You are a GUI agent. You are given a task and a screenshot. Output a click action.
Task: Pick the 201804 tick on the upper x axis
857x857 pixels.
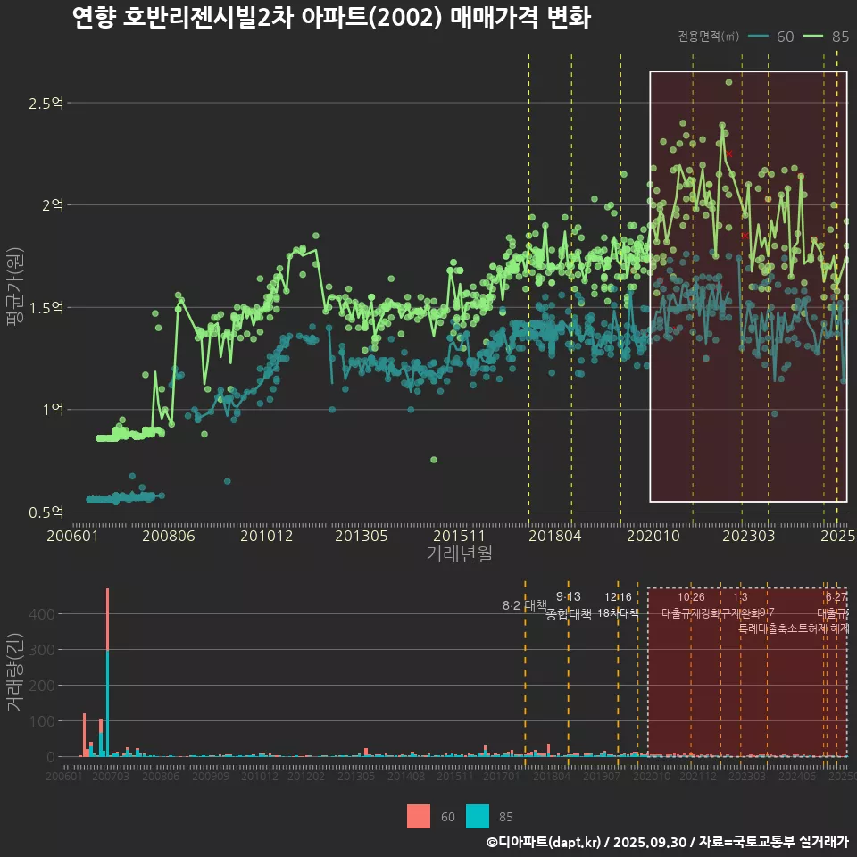555,537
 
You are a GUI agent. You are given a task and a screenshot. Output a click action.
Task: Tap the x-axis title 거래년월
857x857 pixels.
459,554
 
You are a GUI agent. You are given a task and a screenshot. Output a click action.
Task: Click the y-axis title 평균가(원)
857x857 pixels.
15,308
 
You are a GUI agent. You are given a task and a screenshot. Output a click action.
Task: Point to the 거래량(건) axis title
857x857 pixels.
15,671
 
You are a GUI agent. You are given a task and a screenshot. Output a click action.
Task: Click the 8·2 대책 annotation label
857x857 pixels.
525,605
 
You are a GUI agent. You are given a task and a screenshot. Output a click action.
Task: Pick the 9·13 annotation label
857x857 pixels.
568,596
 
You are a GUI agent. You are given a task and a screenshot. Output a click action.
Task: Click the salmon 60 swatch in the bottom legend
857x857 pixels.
418,816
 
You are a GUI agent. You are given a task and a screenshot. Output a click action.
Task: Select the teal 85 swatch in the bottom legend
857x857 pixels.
478,816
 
